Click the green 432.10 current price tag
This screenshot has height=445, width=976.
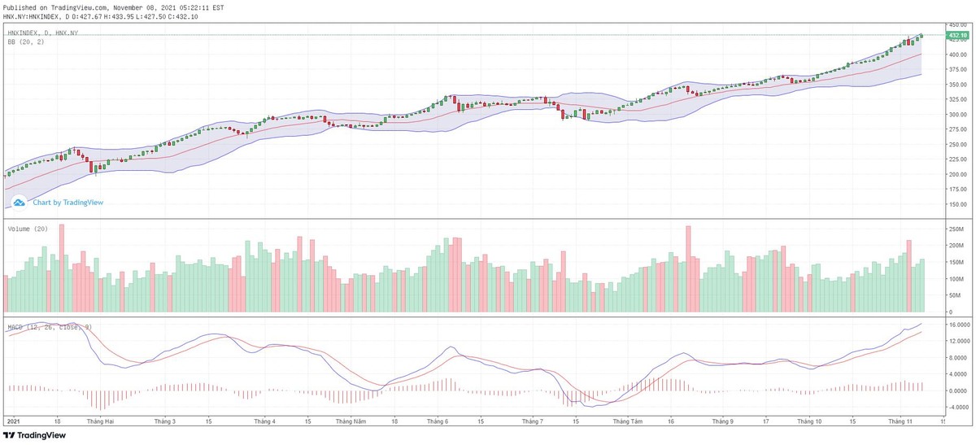[956, 36]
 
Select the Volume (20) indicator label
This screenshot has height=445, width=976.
[28, 229]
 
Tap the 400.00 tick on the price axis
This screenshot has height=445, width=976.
[956, 55]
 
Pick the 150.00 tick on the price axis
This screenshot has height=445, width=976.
[956, 204]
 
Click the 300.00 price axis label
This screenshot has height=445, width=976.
[956, 115]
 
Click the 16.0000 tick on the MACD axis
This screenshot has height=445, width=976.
[958, 325]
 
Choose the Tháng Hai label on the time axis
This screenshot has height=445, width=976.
[101, 422]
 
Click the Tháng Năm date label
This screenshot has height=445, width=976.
[351, 422]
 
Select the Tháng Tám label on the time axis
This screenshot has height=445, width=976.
[627, 422]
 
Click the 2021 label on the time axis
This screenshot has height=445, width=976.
[13, 422]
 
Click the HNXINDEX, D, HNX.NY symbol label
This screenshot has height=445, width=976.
[42, 33]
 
